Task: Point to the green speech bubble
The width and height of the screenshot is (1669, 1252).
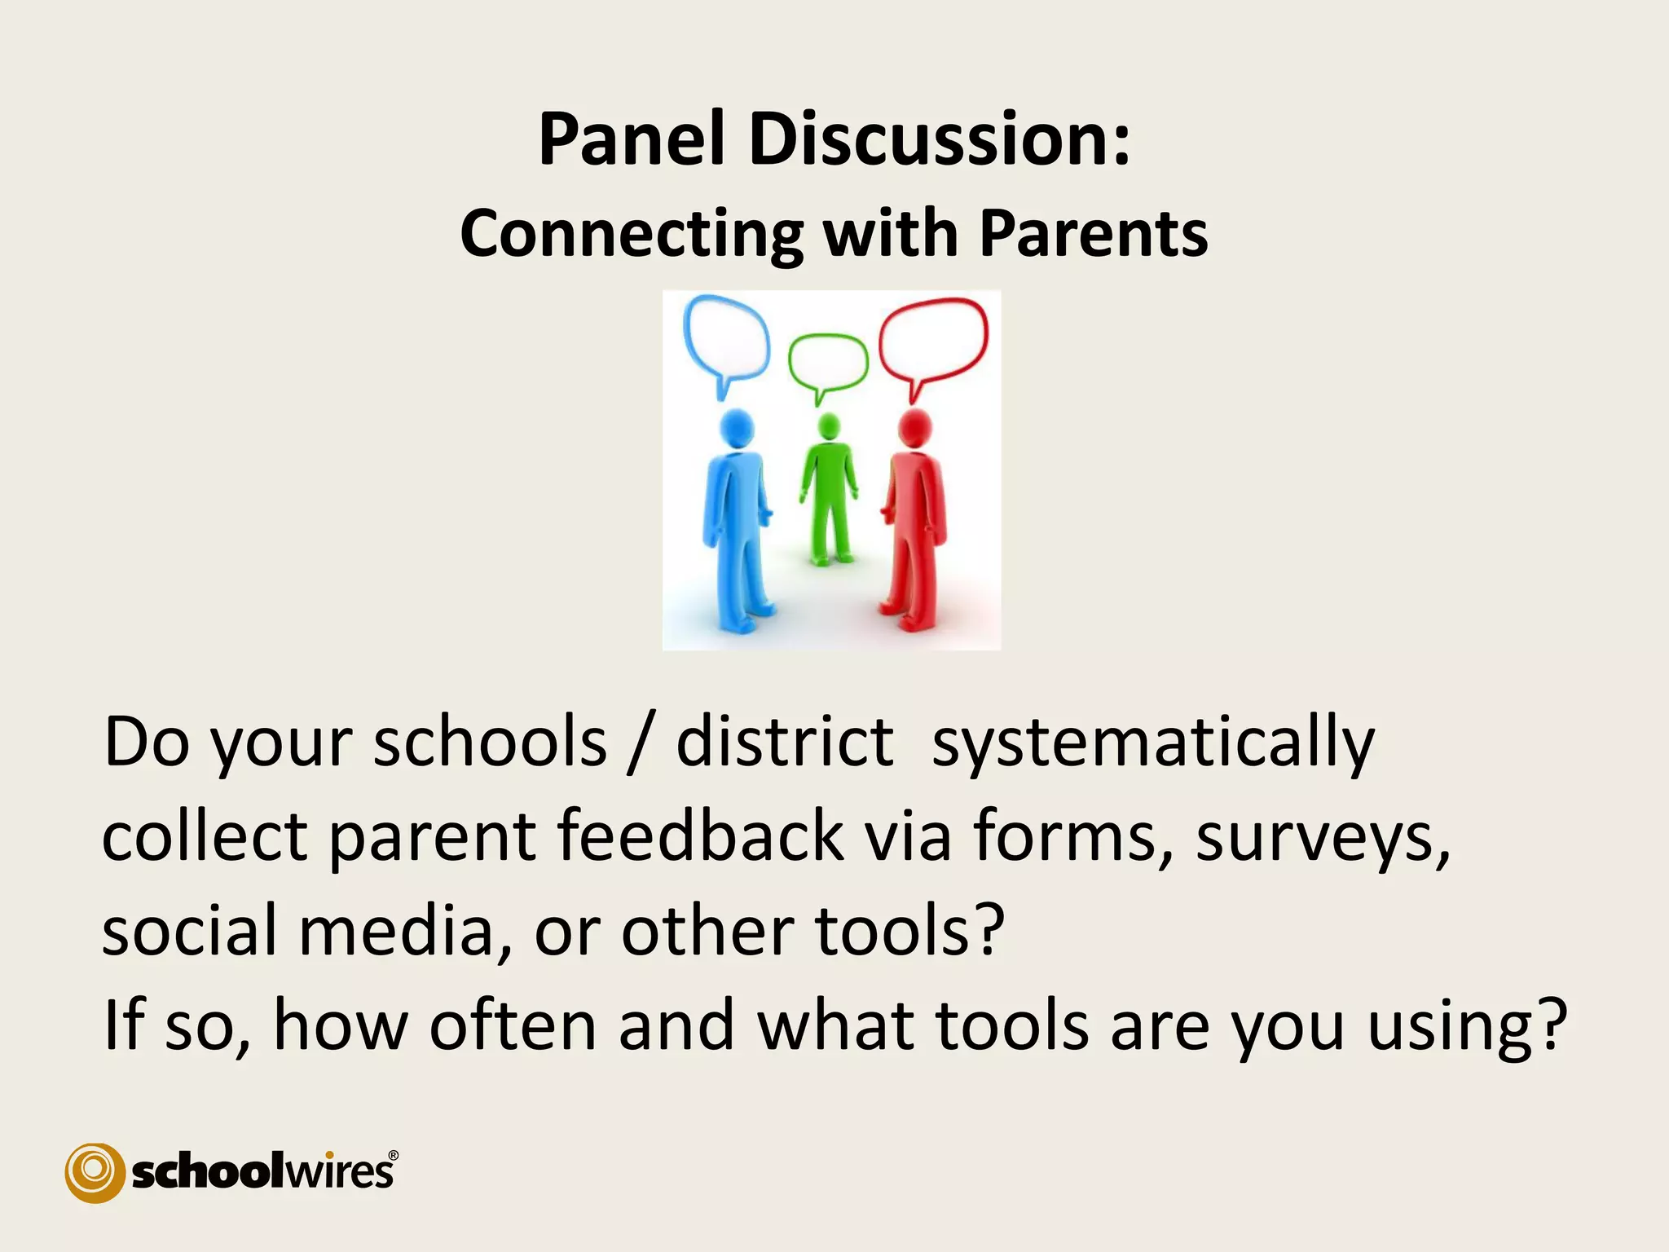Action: (x=827, y=363)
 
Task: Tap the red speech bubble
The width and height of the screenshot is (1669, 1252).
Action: (x=934, y=339)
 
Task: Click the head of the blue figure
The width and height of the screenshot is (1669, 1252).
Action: (x=737, y=428)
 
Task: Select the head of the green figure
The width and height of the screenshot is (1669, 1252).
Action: (x=828, y=426)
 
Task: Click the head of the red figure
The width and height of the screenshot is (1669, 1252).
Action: (x=914, y=428)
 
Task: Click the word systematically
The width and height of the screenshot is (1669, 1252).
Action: (x=1152, y=743)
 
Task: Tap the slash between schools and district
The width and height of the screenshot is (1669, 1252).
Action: (x=641, y=743)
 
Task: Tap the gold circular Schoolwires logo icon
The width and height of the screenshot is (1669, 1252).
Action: (x=95, y=1172)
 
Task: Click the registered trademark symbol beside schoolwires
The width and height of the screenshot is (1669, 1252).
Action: (x=394, y=1155)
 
